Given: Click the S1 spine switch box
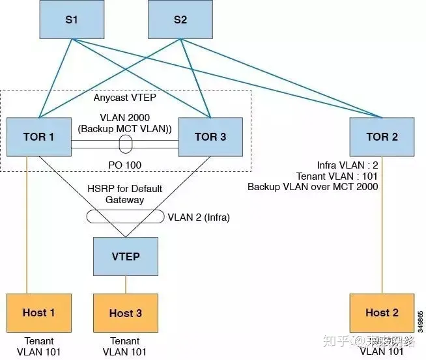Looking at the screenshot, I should (71, 20).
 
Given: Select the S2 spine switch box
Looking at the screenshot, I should (180, 20).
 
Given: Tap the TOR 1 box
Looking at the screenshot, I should (38, 137).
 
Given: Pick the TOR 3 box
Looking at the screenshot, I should (210, 137).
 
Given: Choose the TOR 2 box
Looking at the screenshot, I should (381, 137).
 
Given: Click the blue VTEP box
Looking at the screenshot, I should (126, 256).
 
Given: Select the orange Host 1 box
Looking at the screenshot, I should (38, 312).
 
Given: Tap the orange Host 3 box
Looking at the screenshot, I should (126, 312).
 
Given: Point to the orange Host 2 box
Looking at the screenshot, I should (381, 312).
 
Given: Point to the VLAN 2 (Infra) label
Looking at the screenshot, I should (199, 217).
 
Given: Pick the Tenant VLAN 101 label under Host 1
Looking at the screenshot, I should (39, 346).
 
